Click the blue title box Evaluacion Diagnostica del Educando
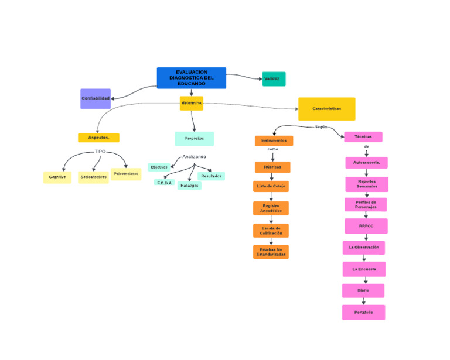(191, 78)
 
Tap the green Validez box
(274, 78)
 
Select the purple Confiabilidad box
(96, 98)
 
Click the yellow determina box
(192, 103)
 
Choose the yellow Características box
(326, 109)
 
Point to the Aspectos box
(98, 138)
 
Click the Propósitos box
(195, 139)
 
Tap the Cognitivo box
(57, 177)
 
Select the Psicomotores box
(126, 174)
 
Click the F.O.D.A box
(164, 183)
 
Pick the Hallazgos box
(189, 186)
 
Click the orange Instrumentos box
(274, 141)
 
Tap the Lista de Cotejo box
(271, 186)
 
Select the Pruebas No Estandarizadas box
(271, 252)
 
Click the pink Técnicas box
(363, 136)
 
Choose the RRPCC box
(366, 225)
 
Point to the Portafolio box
(363, 313)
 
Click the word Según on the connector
(321, 127)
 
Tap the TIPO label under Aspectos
(100, 152)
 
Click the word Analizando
(194, 156)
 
